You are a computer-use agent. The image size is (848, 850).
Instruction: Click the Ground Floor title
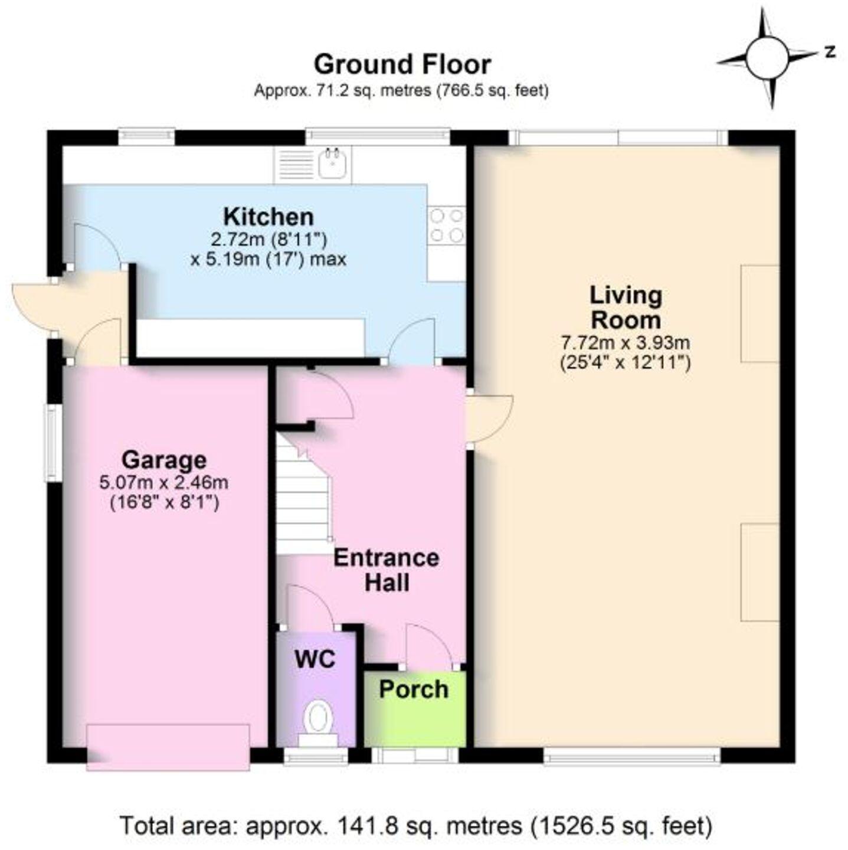click(x=401, y=64)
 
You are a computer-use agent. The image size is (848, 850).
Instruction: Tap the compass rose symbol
click(x=767, y=57)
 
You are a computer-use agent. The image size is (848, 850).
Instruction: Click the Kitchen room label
click(x=269, y=217)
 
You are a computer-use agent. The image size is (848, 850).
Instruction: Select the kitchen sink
click(x=334, y=164)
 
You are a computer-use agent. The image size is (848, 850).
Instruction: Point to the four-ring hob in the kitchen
click(x=447, y=225)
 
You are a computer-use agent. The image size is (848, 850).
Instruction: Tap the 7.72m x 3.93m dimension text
click(x=625, y=342)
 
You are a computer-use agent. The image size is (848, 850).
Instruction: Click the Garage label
click(x=164, y=459)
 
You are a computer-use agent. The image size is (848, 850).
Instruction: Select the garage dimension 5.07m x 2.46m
click(x=164, y=482)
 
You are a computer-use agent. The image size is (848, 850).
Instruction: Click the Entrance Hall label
click(x=387, y=570)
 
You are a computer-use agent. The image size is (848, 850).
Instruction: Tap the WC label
click(x=315, y=659)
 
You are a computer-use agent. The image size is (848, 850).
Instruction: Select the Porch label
click(x=414, y=689)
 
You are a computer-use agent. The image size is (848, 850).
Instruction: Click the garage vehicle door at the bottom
click(x=168, y=747)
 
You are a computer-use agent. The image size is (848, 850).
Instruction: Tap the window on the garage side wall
click(x=54, y=442)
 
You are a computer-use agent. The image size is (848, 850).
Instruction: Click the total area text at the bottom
click(x=416, y=825)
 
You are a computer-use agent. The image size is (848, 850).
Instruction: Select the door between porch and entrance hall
click(x=430, y=646)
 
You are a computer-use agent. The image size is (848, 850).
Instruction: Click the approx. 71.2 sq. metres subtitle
click(x=401, y=91)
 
